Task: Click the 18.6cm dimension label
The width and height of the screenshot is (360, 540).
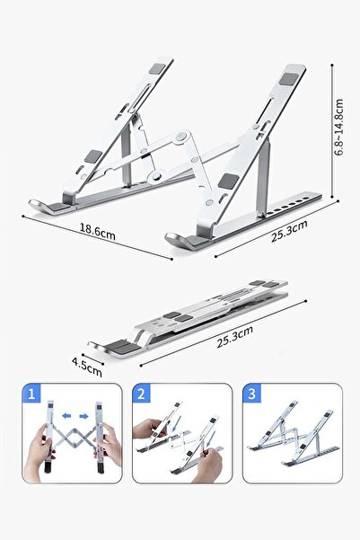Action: [x=97, y=232]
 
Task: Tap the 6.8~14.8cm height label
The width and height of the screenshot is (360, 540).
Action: [x=339, y=127]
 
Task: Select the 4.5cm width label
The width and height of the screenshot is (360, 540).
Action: [x=87, y=367]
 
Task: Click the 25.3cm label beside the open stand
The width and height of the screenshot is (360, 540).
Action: [x=289, y=231]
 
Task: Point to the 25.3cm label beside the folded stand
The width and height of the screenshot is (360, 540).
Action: [x=234, y=337]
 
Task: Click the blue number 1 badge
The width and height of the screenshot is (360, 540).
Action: [x=31, y=394]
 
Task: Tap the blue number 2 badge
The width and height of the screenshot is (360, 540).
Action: [x=142, y=394]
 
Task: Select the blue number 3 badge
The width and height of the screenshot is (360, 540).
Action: [x=251, y=394]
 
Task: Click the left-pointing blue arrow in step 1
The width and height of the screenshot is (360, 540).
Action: [x=66, y=416]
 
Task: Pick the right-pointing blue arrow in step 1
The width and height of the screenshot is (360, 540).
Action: [x=83, y=416]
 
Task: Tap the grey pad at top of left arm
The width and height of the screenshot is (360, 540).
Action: [x=157, y=67]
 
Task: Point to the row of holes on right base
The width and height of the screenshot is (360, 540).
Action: [x=289, y=207]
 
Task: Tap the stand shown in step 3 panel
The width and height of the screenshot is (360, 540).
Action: [x=294, y=433]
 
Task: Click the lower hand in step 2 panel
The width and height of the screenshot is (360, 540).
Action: [x=208, y=465]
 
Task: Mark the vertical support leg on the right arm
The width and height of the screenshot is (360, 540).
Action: [x=264, y=179]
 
